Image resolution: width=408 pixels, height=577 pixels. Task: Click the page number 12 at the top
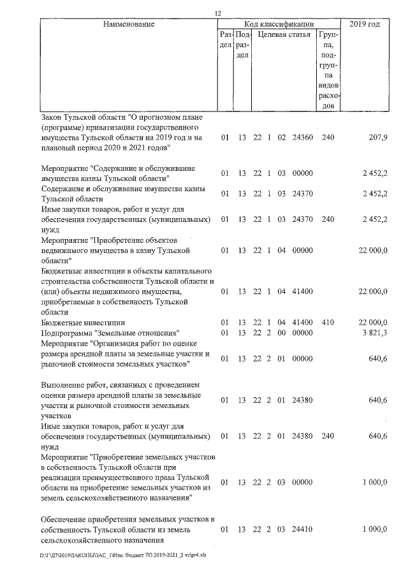click(217, 13)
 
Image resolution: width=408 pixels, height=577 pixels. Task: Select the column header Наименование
click(129, 24)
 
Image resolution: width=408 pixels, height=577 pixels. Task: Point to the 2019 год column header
click(365, 24)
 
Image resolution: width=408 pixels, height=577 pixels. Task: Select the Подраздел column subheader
click(242, 45)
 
